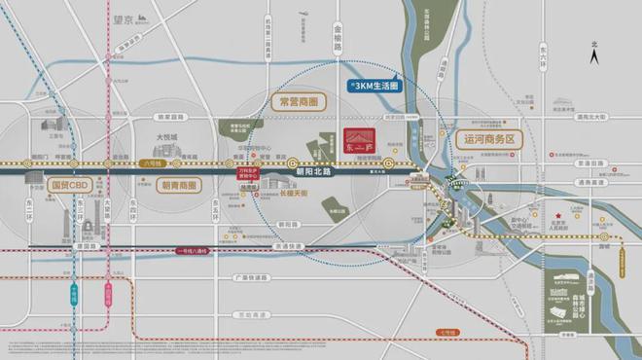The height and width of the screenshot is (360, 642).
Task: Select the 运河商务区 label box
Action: click(487, 140)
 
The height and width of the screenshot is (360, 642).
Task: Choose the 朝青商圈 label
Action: click(174, 185)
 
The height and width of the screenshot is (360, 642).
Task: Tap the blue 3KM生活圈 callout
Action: click(376, 87)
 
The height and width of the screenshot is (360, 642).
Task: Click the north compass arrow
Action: click(594, 56)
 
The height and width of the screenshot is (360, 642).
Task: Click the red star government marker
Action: click(557, 215)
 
